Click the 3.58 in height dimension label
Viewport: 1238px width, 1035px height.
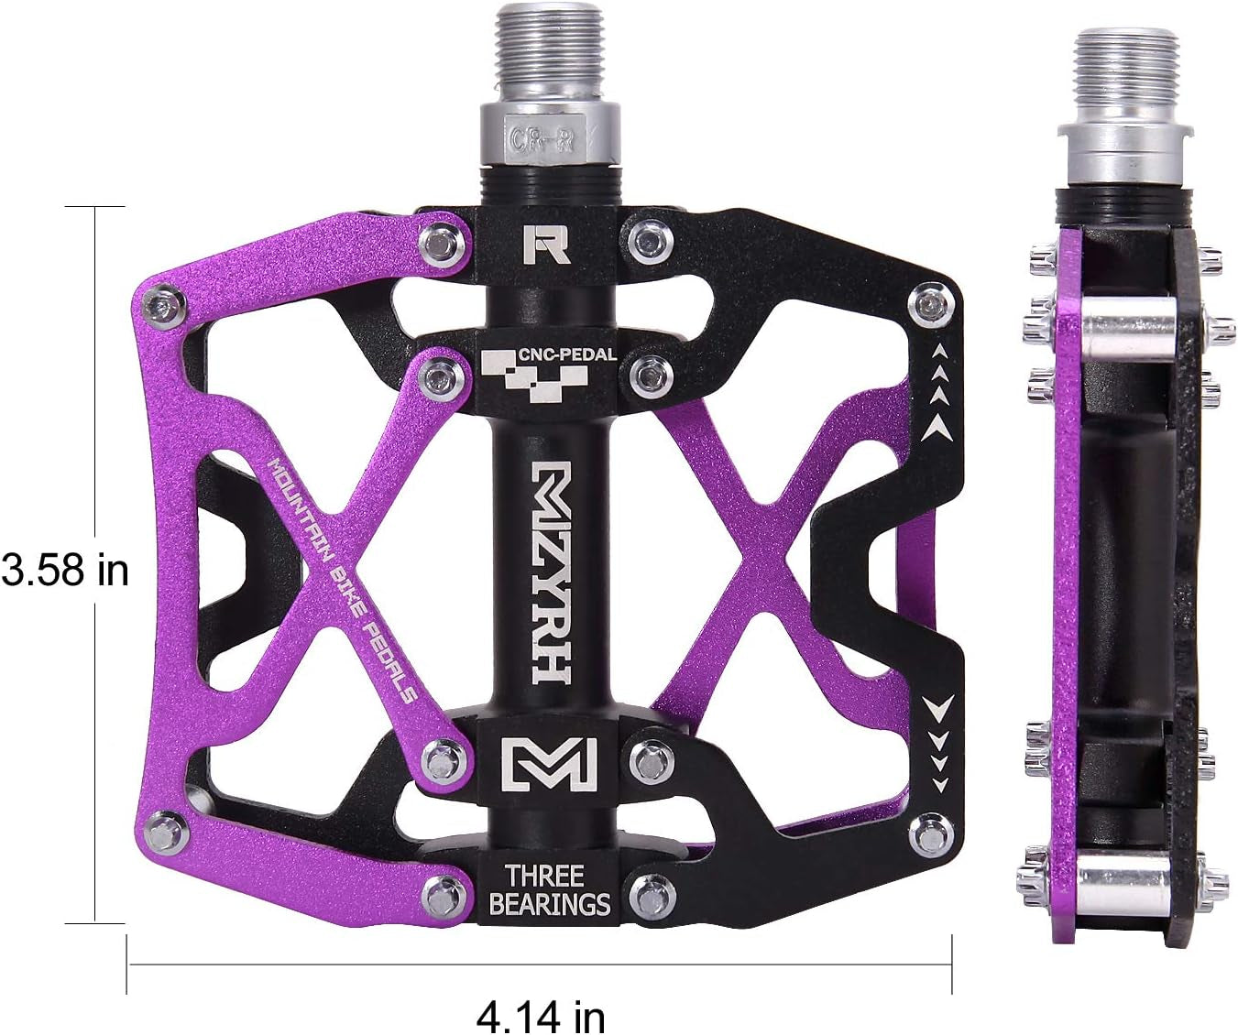pos(64,571)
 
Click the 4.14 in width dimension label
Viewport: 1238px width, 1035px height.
pos(540,1013)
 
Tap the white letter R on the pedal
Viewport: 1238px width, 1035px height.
pos(548,243)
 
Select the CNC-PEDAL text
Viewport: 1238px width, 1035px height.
pos(567,354)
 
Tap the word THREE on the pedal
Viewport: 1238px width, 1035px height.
pos(549,875)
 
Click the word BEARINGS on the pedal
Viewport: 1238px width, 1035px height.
pos(549,905)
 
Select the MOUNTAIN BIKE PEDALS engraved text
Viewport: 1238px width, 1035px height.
pos(342,578)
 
